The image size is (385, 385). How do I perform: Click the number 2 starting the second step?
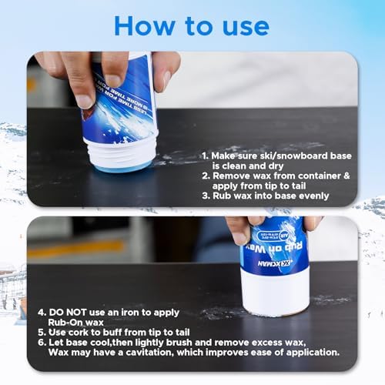(x=206, y=176)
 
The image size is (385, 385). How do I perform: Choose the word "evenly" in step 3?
(x=315, y=196)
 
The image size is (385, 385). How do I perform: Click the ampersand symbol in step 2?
(x=345, y=176)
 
